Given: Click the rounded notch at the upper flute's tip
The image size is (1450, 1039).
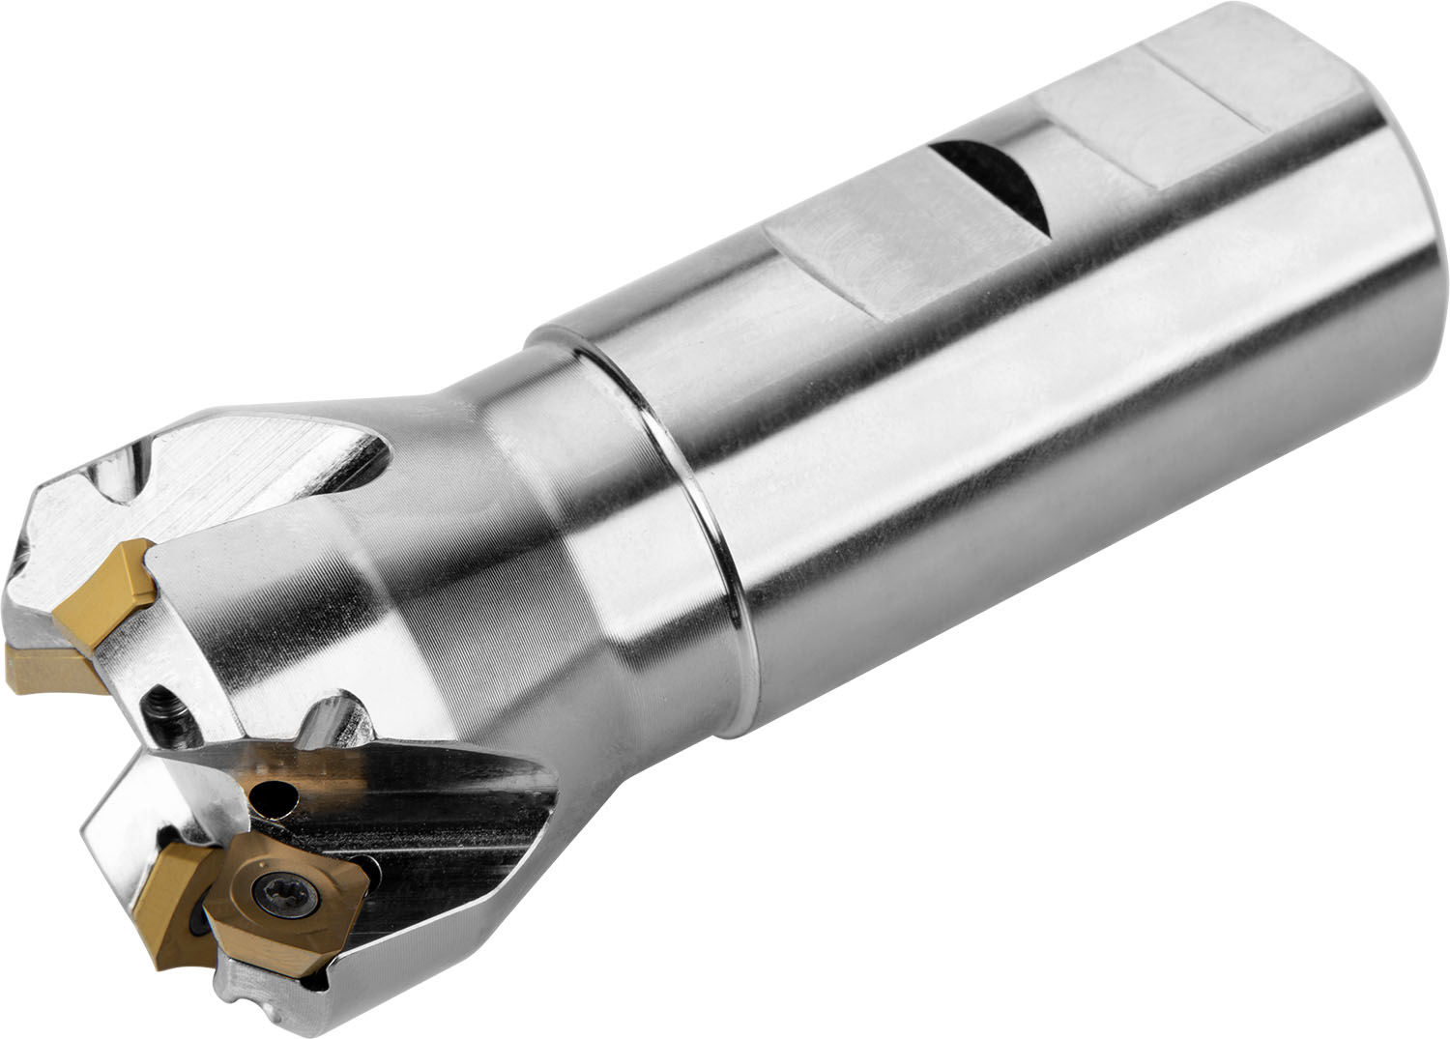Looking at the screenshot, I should [x=135, y=483].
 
